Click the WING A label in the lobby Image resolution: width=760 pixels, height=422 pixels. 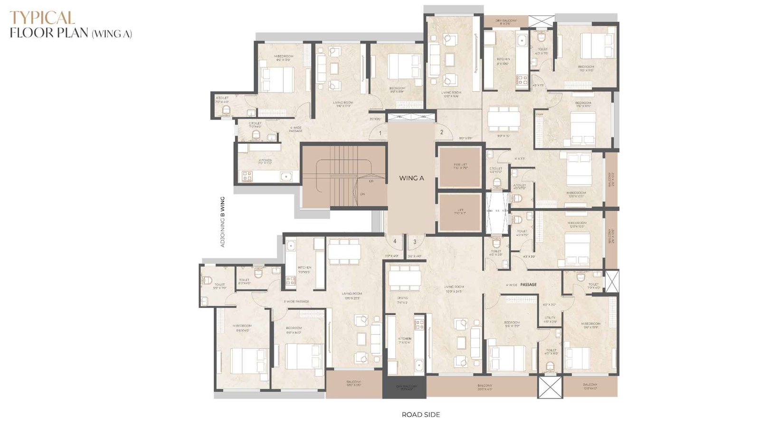411,178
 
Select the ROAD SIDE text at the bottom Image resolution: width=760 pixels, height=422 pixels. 420,414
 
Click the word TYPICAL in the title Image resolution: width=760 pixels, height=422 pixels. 42,18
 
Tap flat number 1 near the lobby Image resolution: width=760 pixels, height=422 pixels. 381,133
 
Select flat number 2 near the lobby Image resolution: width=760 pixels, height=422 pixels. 441,132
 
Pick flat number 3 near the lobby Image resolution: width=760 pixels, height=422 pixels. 415,242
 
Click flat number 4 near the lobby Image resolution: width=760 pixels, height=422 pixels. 395,242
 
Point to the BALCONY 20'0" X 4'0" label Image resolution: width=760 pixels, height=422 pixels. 484,387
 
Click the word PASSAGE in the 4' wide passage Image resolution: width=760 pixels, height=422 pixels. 528,284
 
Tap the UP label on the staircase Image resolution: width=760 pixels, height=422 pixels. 371,181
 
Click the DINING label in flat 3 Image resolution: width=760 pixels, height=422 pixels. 402,299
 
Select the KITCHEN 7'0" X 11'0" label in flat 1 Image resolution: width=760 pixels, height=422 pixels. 265,161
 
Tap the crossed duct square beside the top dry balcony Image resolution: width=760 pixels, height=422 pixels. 541,21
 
